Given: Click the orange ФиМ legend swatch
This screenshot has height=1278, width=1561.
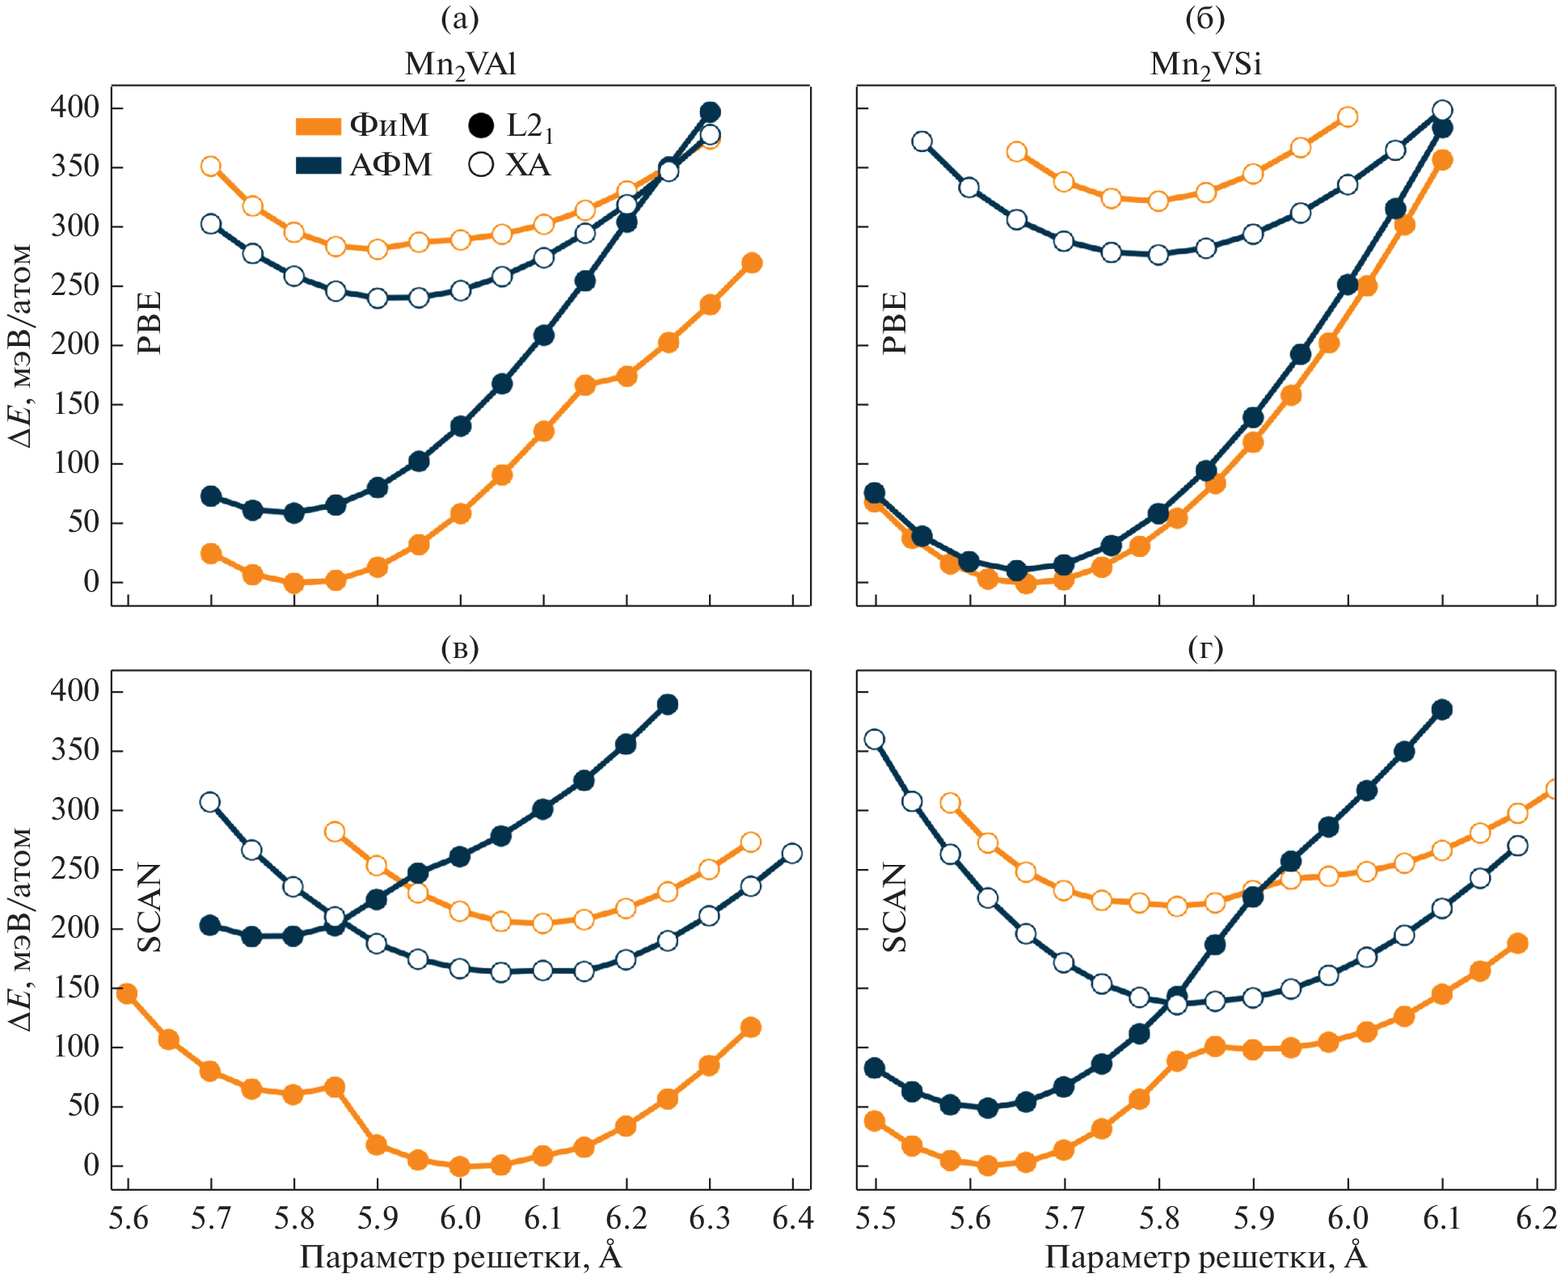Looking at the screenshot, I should [x=318, y=126].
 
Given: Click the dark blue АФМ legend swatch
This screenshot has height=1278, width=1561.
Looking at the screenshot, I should [x=318, y=166].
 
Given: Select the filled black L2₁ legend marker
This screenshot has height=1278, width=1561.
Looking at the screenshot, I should [x=481, y=126].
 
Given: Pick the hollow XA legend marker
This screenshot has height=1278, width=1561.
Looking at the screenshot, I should [x=481, y=166].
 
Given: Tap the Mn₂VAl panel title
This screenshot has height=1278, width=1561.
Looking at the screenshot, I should [x=460, y=64].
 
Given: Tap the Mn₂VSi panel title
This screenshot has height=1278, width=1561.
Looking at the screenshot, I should [x=1205, y=64].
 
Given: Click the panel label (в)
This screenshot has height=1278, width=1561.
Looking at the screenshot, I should [x=460, y=647].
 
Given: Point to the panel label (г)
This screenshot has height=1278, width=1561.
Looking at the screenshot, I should [x=1205, y=647].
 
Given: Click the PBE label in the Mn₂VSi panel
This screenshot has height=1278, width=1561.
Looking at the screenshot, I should [x=895, y=323].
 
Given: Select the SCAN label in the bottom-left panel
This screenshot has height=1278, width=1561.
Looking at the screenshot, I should [x=150, y=907].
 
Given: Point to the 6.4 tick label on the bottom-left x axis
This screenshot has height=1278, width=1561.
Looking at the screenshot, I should [x=793, y=1217].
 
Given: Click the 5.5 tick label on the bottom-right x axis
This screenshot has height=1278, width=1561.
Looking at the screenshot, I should [x=876, y=1217].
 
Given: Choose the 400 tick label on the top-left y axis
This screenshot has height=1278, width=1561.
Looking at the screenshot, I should [x=75, y=108].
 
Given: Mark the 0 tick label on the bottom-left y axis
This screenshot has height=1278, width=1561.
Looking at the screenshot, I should [x=91, y=1166].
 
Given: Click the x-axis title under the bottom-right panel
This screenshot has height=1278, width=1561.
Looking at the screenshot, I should [x=1205, y=1256].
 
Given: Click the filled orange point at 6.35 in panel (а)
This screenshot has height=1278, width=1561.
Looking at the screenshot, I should [x=752, y=263].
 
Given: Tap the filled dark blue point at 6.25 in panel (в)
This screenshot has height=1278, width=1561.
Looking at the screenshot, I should [x=667, y=704].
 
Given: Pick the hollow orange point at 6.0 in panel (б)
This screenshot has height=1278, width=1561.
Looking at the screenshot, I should [x=1347, y=117].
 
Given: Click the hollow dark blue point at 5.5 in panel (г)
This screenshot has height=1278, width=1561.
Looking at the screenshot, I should [x=874, y=739].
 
